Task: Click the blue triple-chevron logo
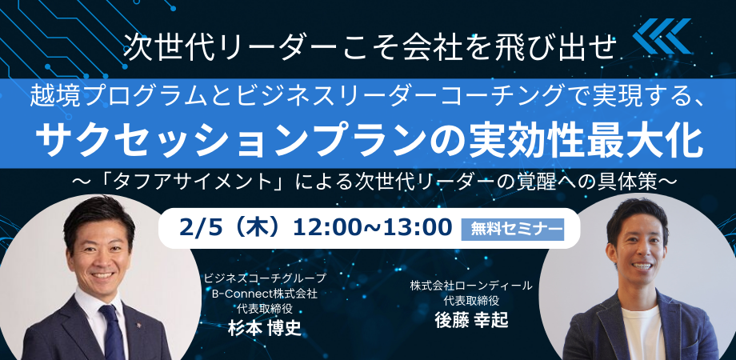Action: pyautogui.click(x=662, y=36)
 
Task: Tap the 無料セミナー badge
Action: pyautogui.click(x=513, y=230)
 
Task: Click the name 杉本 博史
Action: pyautogui.click(x=264, y=329)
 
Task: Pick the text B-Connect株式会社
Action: pyautogui.click(x=265, y=294)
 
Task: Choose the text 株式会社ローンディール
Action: pyautogui.click(x=471, y=285)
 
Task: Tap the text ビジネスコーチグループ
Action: pyautogui.click(x=264, y=278)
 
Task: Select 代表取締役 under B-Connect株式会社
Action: pyautogui.click(x=264, y=310)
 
